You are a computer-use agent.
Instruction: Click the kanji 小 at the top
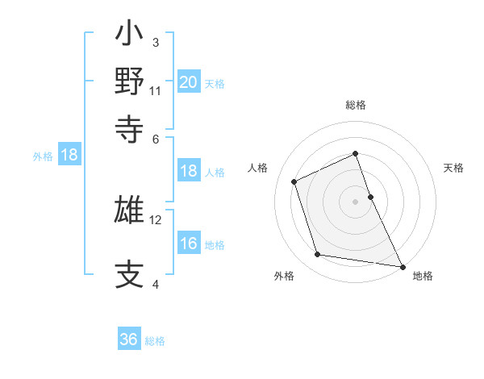point(129,35)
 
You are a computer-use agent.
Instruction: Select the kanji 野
point(129,81)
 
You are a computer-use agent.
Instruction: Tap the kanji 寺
point(129,128)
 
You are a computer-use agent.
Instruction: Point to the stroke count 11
point(156,91)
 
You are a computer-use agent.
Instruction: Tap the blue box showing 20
point(189,81)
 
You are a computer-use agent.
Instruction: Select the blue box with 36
point(129,339)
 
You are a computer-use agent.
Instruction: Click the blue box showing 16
point(189,244)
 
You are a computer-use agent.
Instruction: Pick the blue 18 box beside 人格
point(189,171)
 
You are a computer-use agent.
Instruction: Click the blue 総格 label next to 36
point(155,341)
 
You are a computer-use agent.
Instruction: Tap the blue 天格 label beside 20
point(215,83)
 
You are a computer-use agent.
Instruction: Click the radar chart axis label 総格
point(356,105)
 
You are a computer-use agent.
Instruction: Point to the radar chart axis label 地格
point(423,276)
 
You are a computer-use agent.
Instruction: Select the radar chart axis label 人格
point(258,168)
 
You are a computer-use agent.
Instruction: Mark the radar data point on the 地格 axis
point(401,266)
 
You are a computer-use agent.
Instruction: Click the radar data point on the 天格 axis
point(370,196)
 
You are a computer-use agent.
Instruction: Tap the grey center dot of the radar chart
point(356,201)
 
